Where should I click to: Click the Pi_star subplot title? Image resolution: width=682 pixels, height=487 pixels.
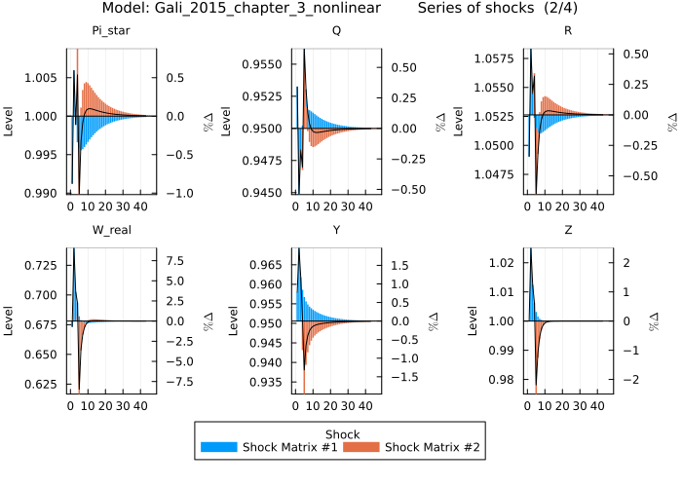point(111,30)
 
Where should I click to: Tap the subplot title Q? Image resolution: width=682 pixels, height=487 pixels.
point(337,30)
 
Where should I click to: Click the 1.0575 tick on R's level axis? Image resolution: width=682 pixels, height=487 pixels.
point(497,58)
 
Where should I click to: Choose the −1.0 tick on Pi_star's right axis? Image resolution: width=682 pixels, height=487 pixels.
point(178,193)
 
